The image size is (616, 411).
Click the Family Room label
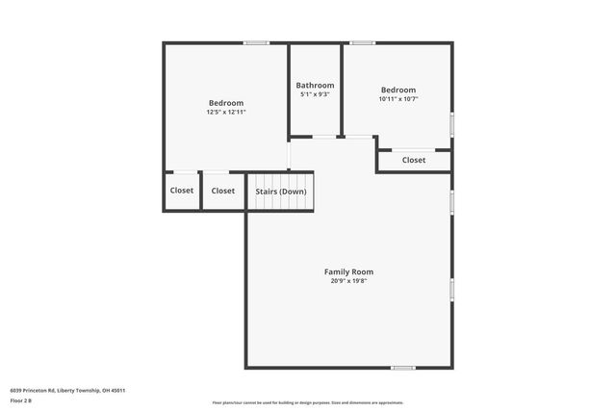click(348, 271)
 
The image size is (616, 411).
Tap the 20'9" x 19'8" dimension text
click(348, 281)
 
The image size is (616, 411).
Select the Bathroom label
click(315, 85)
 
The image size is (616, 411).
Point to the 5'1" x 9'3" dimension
click(315, 94)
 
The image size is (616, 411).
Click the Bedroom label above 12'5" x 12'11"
click(226, 103)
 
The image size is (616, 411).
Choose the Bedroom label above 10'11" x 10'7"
click(398, 90)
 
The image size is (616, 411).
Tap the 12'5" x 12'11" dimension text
click(226, 113)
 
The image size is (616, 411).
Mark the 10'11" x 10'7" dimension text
click(398, 98)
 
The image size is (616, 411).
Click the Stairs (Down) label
click(281, 191)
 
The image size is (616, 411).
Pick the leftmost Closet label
click(182, 191)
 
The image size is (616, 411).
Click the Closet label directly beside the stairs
click(223, 191)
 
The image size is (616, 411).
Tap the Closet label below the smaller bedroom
click(414, 160)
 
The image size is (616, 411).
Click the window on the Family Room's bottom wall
click(403, 367)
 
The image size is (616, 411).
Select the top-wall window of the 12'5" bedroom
click(256, 42)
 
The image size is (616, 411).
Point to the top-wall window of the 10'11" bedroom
click(362, 42)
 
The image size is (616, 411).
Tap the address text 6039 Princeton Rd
click(67, 390)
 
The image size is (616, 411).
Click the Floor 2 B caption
click(21, 399)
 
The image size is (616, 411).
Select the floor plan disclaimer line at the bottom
click(308, 403)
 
